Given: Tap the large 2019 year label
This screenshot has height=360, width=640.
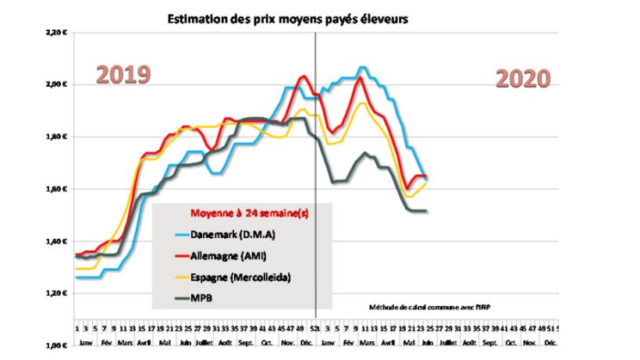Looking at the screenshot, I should [x=123, y=75].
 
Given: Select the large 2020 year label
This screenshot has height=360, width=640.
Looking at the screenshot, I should [x=523, y=78].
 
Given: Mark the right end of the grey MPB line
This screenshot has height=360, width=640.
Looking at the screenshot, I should [x=426, y=211].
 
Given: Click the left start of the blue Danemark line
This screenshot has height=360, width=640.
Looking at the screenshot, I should [x=76, y=277].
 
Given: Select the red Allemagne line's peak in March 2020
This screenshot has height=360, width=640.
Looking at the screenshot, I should [x=360, y=77].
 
